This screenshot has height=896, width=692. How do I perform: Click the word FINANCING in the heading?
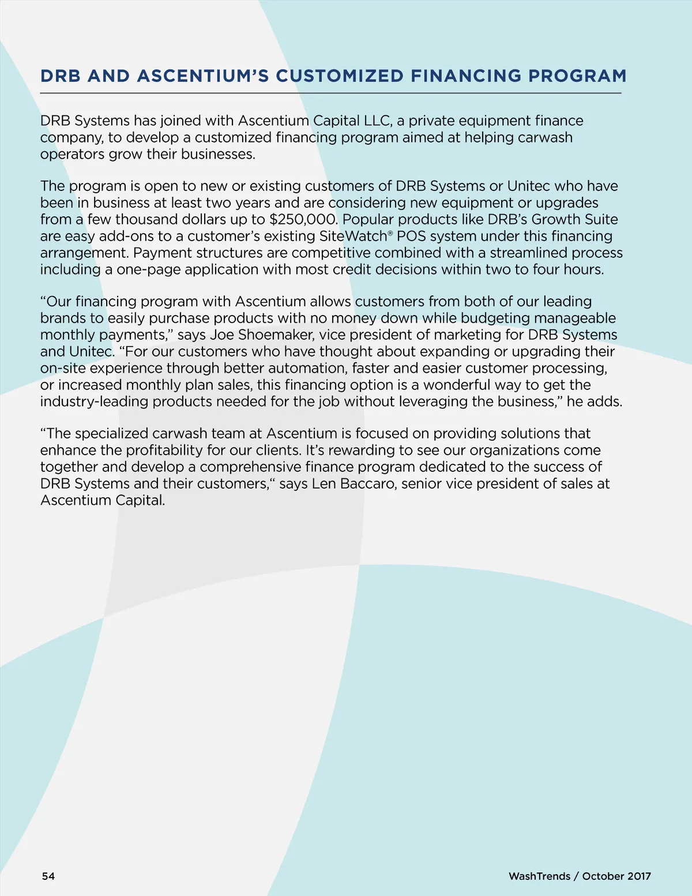[x=465, y=76]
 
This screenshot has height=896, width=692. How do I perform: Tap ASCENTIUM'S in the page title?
[x=203, y=76]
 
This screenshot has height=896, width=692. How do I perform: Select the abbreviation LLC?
[x=376, y=121]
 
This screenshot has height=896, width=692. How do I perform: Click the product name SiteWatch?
[x=352, y=237]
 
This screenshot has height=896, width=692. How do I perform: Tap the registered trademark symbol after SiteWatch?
[x=390, y=233]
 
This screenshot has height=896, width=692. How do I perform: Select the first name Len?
[x=324, y=483]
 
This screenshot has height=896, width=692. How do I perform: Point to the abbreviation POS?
[x=411, y=237]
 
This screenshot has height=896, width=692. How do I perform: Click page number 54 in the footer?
[x=48, y=876]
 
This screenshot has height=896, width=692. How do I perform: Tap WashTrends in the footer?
[x=539, y=876]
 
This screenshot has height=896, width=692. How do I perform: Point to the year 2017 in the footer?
[x=639, y=876]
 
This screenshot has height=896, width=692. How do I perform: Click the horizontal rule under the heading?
[x=330, y=93]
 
